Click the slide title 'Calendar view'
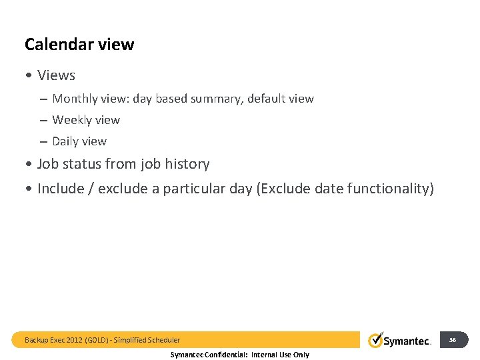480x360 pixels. point(79,45)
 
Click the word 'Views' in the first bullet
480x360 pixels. point(56,75)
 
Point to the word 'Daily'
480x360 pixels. point(65,141)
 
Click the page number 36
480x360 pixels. point(453,340)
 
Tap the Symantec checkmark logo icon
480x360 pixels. point(375,340)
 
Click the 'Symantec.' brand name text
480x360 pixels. point(407,341)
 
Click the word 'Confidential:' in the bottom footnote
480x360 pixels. point(227,355)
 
